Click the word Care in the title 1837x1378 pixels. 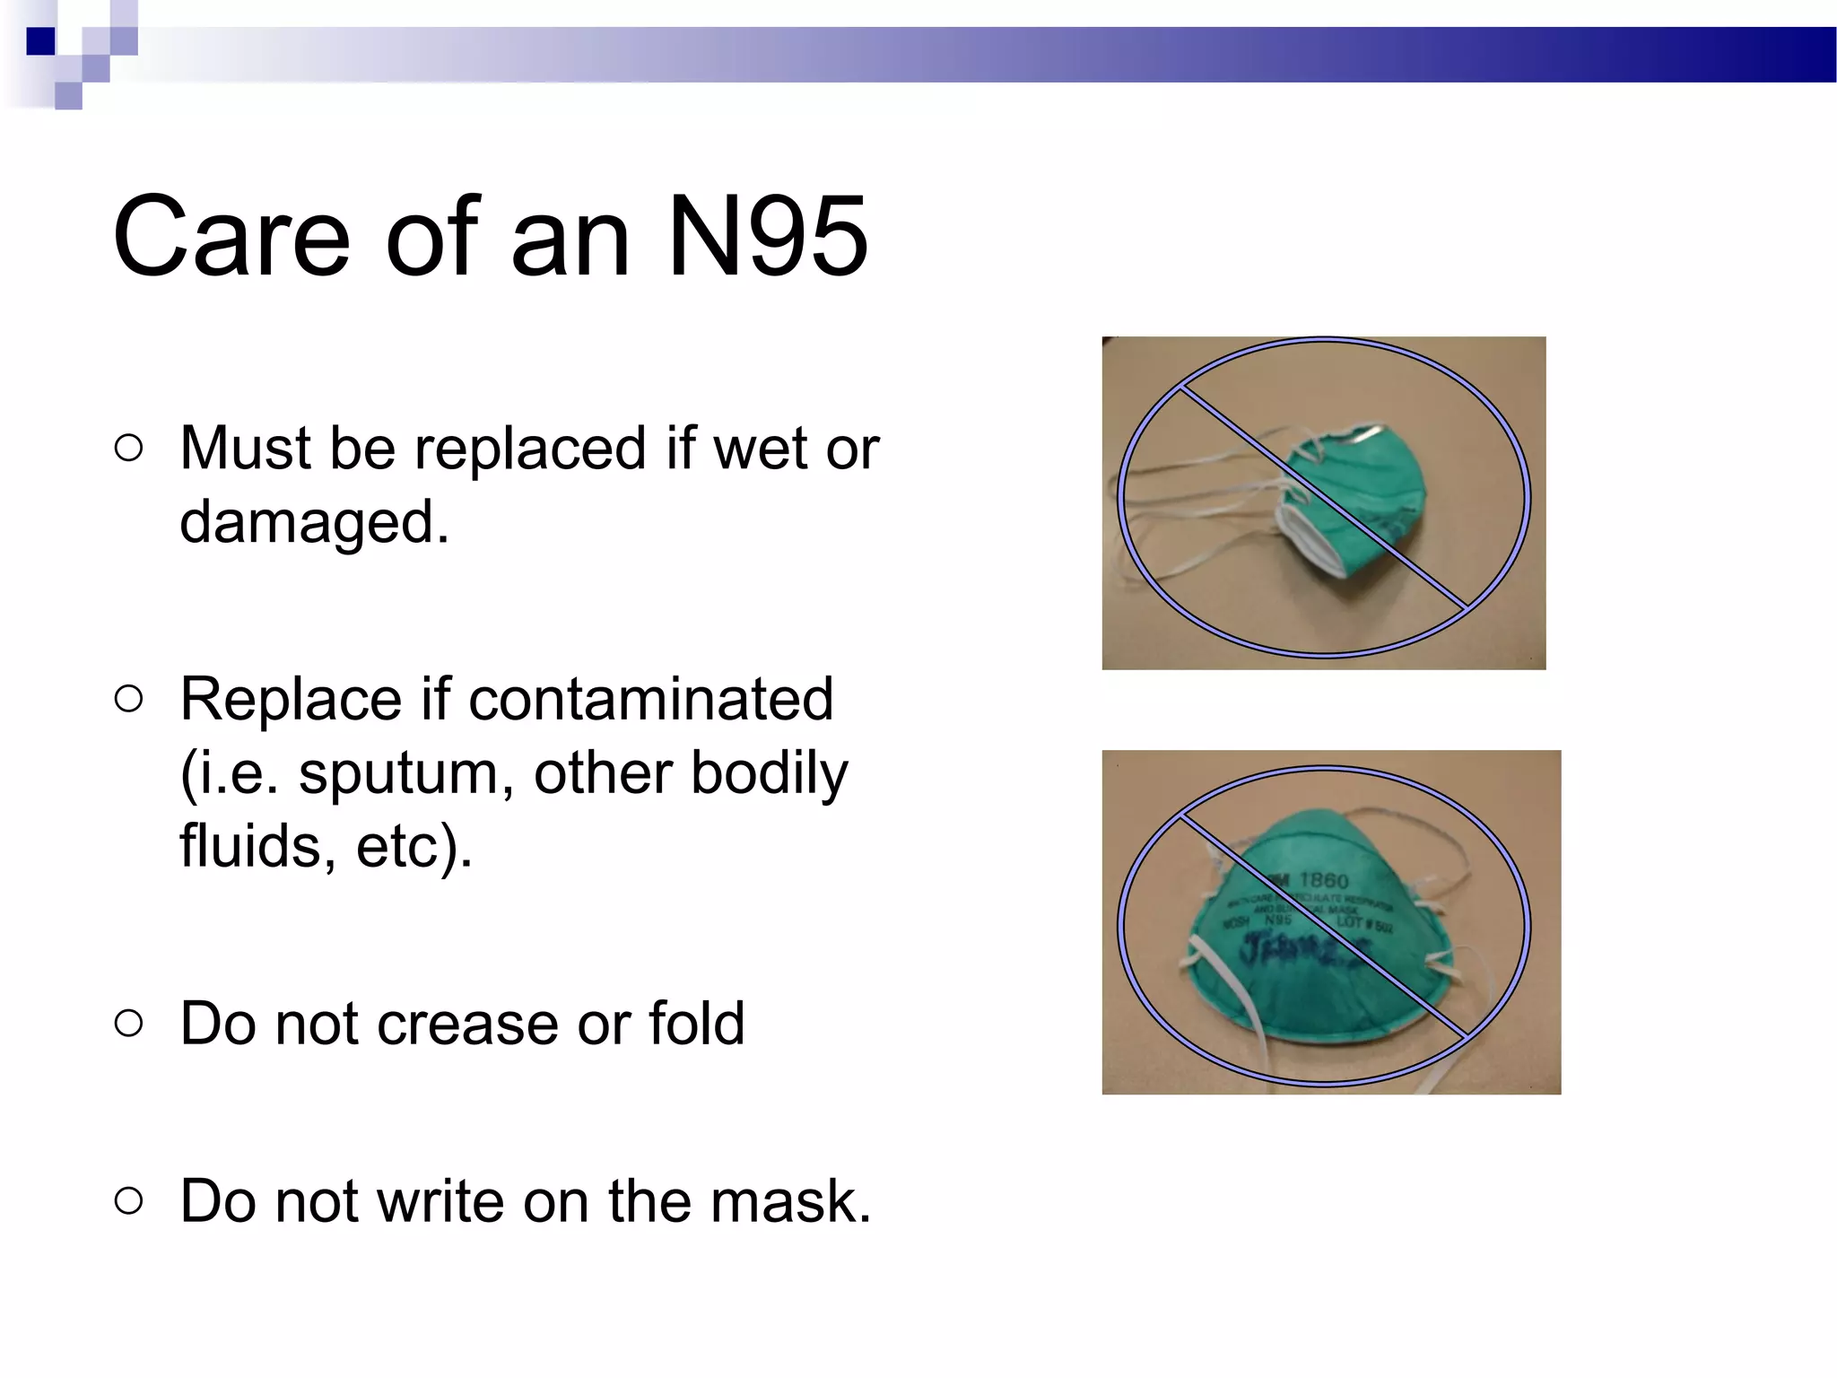coord(231,237)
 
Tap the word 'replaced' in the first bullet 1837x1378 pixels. coord(529,448)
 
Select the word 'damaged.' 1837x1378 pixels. coord(314,521)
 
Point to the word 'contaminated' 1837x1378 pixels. coord(650,699)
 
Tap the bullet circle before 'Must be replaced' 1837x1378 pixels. coord(129,449)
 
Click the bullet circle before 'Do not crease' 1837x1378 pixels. coord(129,1023)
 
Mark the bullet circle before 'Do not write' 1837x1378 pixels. coord(129,1200)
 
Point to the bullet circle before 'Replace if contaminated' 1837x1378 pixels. coord(129,700)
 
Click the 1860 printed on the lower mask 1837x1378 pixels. coord(1324,880)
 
